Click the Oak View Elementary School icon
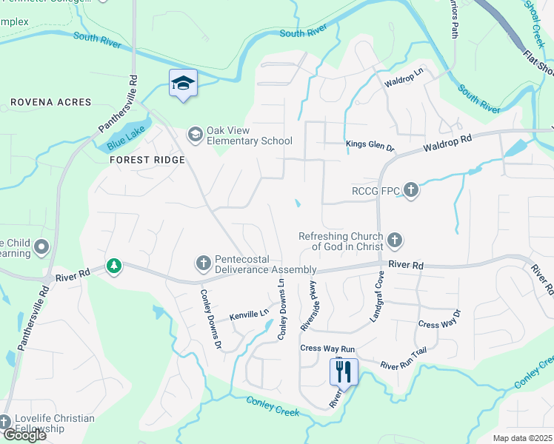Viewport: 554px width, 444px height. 195,134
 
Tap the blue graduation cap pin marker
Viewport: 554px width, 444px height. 182,84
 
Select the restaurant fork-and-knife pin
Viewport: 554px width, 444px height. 343,371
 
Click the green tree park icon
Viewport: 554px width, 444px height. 113,265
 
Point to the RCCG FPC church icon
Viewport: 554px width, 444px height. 411,192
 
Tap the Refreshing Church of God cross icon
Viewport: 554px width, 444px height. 395,240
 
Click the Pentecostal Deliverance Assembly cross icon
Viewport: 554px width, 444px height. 203,263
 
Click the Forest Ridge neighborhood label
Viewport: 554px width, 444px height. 147,159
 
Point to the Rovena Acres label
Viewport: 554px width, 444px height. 51,102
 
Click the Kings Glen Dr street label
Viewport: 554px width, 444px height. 370,147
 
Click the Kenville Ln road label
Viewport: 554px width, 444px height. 249,314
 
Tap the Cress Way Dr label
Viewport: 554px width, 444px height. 439,324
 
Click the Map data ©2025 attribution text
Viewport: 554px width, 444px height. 523,438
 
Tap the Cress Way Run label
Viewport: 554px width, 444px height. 328,348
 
